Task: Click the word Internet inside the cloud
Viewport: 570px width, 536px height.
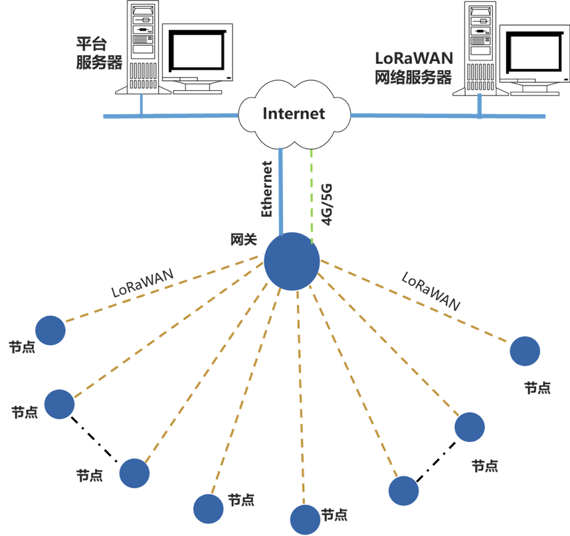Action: tap(294, 113)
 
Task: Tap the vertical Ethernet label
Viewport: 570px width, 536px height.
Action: tap(267, 189)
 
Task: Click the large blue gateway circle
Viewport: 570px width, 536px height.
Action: tap(292, 261)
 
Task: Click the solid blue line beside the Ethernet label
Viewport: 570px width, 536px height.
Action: tap(282, 192)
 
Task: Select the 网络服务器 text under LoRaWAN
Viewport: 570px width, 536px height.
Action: tap(413, 77)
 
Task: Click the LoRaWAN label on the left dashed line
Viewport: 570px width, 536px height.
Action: tap(142, 283)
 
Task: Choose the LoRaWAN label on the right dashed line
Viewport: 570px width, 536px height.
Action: tap(431, 291)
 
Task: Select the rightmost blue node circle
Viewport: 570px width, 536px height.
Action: tap(525, 351)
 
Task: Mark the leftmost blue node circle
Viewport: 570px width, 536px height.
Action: tap(50, 330)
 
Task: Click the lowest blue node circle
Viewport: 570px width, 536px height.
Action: tap(305, 519)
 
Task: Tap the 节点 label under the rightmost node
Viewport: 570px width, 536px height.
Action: tap(537, 388)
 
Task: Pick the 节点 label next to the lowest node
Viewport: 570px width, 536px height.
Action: tap(335, 515)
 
